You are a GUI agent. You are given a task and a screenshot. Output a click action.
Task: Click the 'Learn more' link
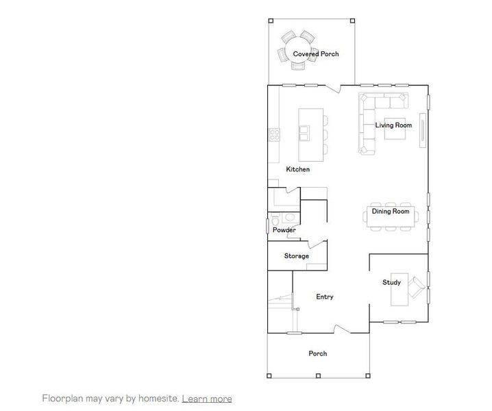(206, 399)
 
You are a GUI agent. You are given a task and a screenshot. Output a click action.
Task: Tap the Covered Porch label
(315, 53)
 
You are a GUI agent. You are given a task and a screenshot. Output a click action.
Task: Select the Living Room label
(393, 125)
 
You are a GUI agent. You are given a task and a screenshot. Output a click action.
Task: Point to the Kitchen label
(298, 169)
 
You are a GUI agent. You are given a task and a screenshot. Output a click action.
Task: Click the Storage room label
(297, 256)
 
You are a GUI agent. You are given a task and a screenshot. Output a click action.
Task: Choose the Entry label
(325, 297)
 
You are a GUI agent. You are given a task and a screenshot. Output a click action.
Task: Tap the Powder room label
(284, 230)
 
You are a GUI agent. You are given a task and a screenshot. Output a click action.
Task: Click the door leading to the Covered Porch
(334, 87)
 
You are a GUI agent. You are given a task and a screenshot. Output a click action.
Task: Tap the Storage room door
(316, 245)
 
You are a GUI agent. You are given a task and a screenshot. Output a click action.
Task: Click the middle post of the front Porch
(318, 375)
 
